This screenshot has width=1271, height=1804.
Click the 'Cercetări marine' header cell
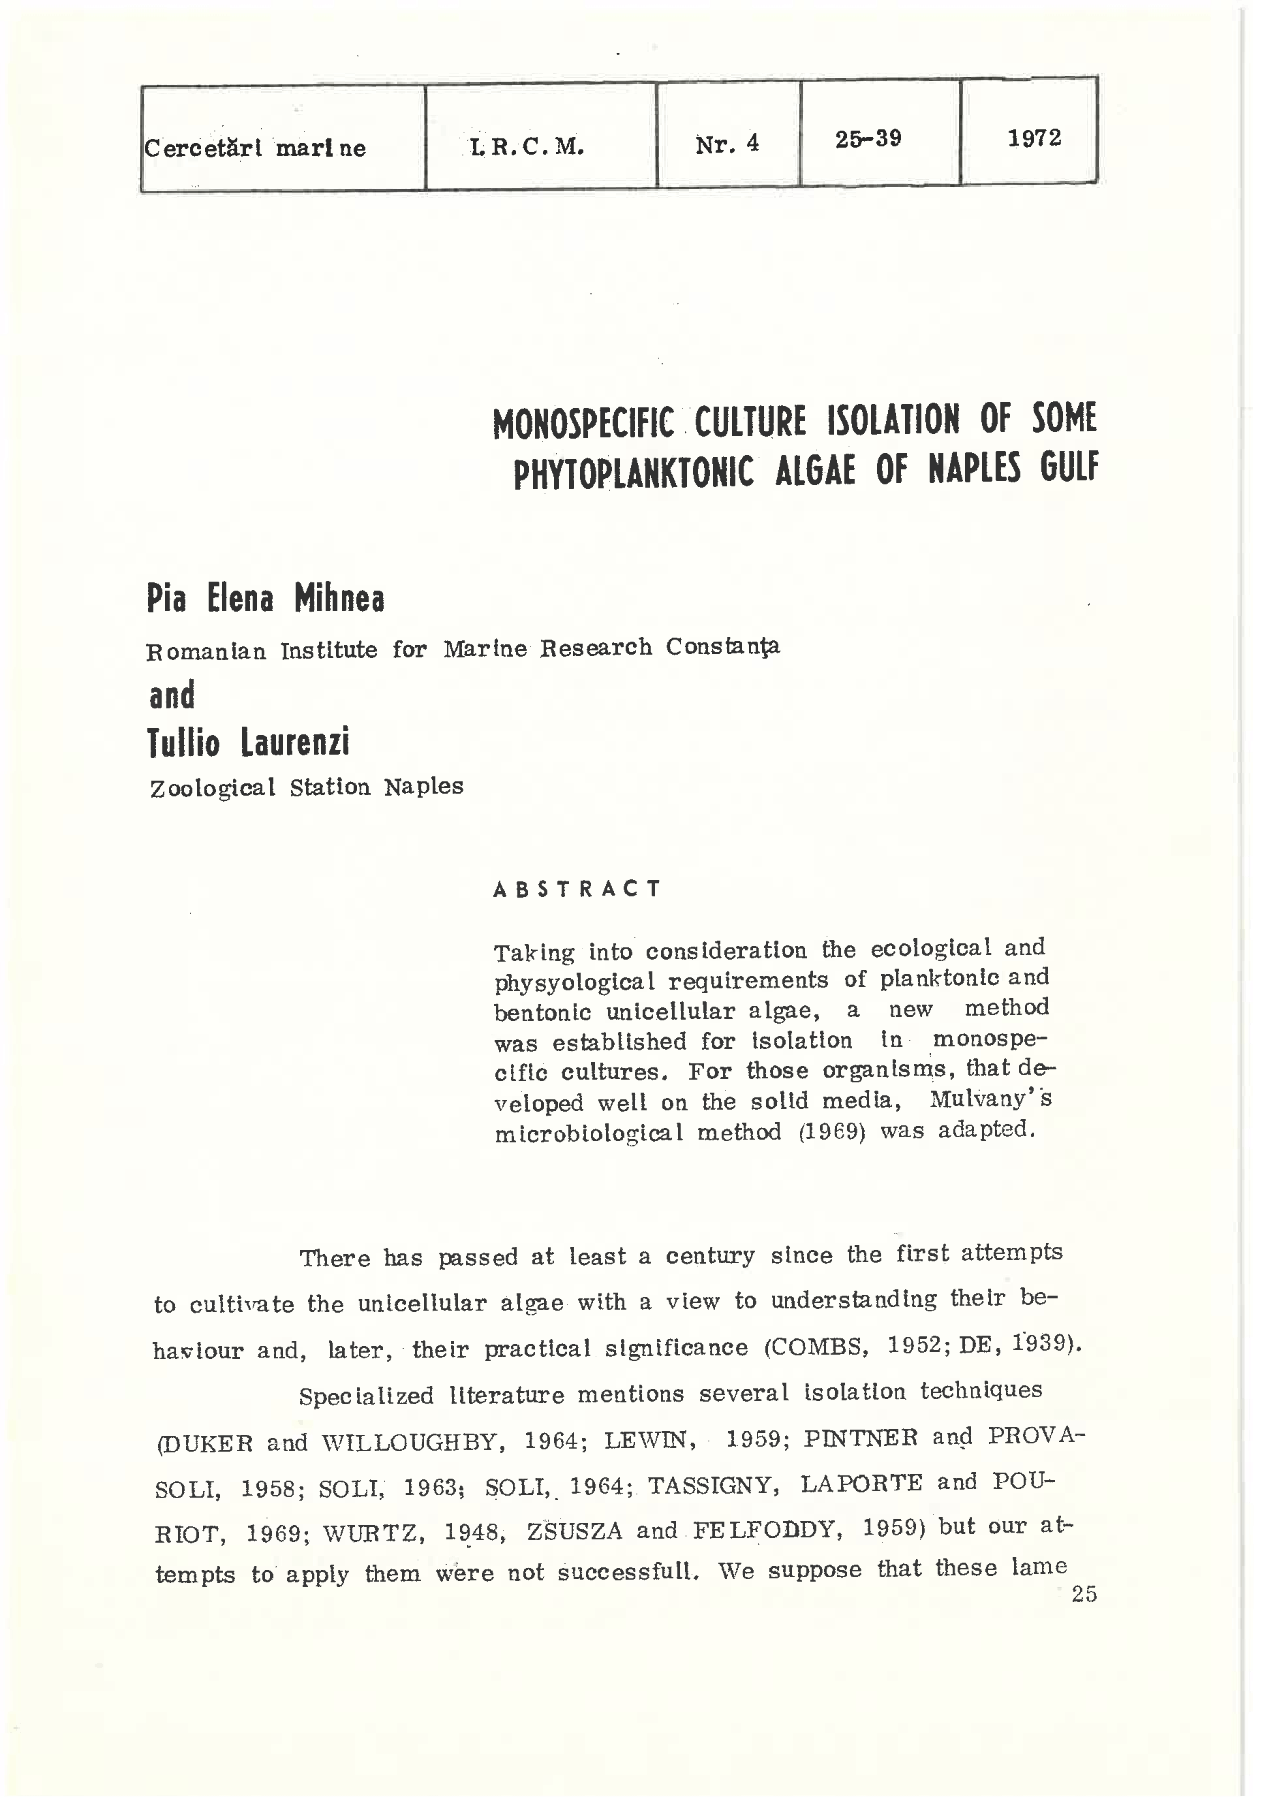click(x=254, y=148)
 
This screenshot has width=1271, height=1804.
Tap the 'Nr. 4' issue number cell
click(x=727, y=144)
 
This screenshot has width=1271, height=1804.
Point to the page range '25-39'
click(x=868, y=139)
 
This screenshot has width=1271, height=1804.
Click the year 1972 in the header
click(x=1034, y=138)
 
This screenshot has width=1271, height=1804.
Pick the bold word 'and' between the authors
click(x=172, y=695)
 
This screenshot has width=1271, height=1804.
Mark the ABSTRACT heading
click(x=577, y=889)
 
